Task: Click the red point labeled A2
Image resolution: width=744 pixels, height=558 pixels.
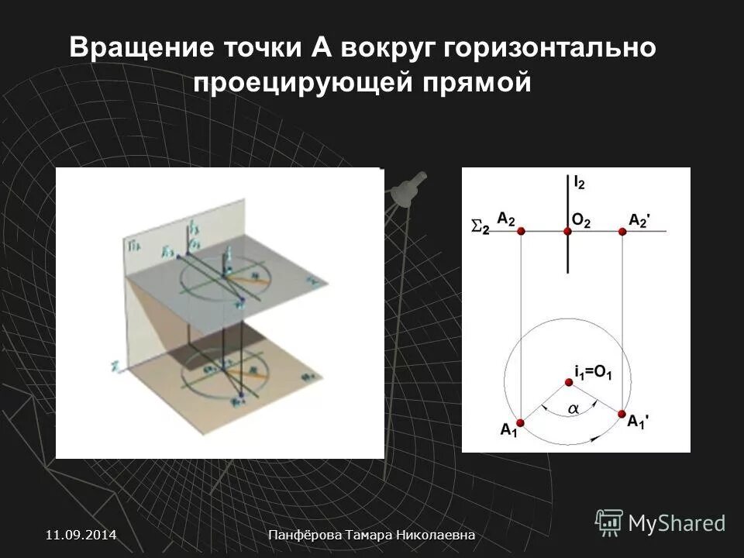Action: coord(521,231)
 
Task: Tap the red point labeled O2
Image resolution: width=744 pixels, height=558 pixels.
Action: coord(567,231)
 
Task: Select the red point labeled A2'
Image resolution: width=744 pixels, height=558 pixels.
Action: coord(623,231)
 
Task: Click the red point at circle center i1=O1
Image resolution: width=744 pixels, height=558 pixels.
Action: coord(569,381)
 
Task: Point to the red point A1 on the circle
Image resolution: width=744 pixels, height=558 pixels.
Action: coord(520,422)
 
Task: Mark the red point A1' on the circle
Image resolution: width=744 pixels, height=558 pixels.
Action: coord(622,415)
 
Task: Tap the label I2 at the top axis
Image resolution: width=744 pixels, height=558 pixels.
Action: coord(579,183)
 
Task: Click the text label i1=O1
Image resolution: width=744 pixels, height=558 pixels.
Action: coord(594,374)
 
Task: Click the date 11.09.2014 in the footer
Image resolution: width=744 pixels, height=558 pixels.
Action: coord(81,535)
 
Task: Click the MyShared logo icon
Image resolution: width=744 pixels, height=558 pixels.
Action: coord(609,522)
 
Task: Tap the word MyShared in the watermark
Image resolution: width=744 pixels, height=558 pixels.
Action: coord(677,523)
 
